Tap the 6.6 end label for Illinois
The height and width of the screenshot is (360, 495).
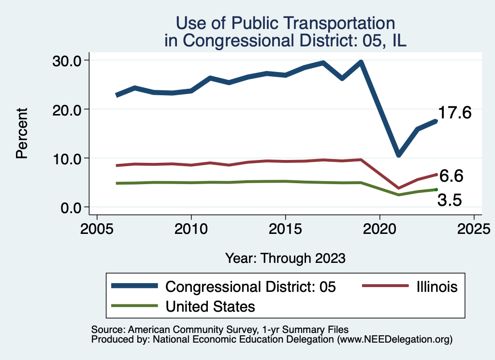pos(451,176)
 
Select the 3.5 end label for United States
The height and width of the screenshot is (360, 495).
pos(450,200)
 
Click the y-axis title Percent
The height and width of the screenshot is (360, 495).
pos(21,134)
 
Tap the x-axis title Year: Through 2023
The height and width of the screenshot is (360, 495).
pos(285,258)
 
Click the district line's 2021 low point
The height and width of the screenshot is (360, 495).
pos(398,155)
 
